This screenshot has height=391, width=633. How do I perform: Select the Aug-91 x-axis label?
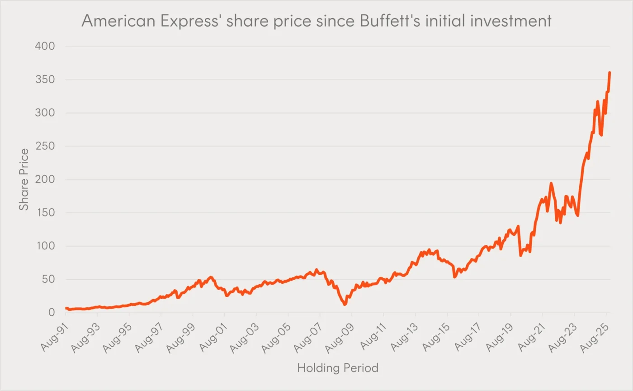[x=55, y=335]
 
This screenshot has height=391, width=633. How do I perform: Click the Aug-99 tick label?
[x=182, y=335]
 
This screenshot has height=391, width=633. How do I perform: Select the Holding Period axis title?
[x=337, y=368]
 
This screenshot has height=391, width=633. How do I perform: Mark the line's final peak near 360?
[x=609, y=73]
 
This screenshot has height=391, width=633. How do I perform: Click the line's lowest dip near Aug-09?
[x=345, y=304]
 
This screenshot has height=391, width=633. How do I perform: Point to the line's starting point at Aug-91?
[x=66, y=308]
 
